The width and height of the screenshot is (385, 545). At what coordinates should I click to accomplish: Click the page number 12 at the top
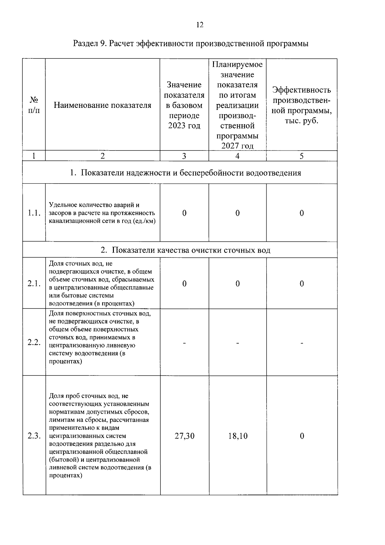click(x=200, y=25)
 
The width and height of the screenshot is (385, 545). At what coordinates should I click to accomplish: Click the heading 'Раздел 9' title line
click(x=191, y=43)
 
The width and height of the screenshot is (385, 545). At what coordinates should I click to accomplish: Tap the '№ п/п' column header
click(x=34, y=105)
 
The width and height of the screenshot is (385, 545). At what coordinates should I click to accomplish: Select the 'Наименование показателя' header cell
click(x=102, y=105)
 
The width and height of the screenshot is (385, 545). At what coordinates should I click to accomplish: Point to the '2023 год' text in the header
click(x=184, y=125)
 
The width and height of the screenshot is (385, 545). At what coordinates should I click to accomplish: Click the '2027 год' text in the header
click(x=237, y=146)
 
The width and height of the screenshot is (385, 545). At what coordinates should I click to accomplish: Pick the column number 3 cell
click(x=184, y=156)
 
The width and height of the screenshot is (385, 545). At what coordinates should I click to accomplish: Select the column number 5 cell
click(x=302, y=156)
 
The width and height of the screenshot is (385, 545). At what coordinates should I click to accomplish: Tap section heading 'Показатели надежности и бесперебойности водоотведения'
click(x=185, y=173)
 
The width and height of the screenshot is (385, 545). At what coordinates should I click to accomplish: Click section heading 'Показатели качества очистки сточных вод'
click(x=185, y=250)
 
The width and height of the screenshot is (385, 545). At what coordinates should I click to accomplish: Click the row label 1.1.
click(x=34, y=213)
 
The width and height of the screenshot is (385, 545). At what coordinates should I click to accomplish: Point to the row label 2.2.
click(x=34, y=342)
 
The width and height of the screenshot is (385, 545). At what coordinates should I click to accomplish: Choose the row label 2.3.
click(x=34, y=436)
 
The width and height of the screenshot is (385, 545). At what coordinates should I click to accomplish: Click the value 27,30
click(x=184, y=436)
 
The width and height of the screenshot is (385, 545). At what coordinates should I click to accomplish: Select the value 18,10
click(x=238, y=436)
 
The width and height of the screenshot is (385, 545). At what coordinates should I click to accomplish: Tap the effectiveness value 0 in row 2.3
click(x=302, y=436)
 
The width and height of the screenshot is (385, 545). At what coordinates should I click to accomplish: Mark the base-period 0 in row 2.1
click(x=184, y=283)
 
